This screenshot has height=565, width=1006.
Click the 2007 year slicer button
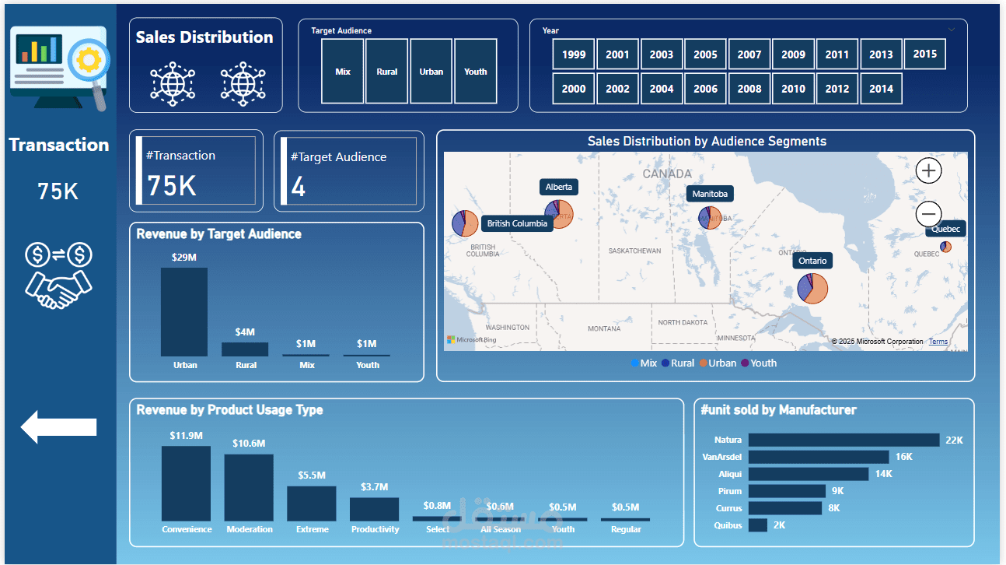coord(749,54)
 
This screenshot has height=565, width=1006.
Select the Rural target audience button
coord(386,72)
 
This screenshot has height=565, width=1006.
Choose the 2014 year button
coord(881,89)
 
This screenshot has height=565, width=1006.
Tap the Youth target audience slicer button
coord(476,72)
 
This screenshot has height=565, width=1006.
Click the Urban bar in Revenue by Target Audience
coord(184,312)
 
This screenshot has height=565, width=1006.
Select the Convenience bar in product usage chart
coord(186,483)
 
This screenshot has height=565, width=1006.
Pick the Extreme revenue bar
coord(311,504)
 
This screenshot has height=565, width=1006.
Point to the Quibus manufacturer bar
coord(757,525)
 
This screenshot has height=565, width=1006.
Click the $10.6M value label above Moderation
coord(249,444)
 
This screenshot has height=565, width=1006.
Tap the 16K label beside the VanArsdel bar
coord(903,457)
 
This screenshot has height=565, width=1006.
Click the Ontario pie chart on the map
coord(812,288)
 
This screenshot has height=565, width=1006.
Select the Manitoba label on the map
coord(710,194)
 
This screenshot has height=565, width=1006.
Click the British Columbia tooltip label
coord(517,223)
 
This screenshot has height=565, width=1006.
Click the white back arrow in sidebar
coord(58,427)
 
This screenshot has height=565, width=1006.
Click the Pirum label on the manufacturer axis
coord(730,491)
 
